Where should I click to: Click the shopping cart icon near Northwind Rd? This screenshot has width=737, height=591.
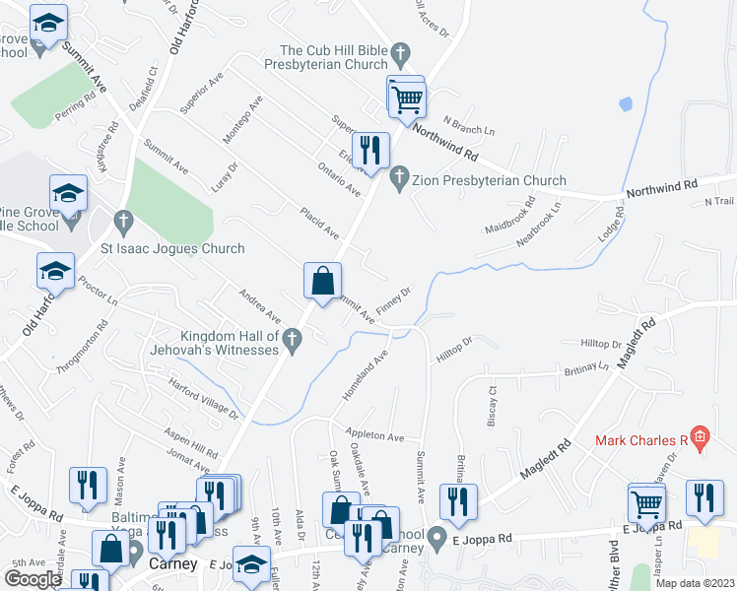(406, 98)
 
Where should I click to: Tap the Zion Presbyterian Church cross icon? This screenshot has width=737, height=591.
(399, 180)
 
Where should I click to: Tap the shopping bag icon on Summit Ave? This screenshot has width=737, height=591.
(322, 281)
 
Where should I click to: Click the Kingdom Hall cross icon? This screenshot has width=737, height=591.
(292, 341)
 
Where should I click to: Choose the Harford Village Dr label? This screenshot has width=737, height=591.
(204, 397)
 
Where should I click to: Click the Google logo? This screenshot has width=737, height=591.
(32, 579)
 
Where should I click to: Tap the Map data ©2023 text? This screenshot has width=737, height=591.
(696, 582)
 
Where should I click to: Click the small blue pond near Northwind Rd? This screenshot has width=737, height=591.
(624, 103)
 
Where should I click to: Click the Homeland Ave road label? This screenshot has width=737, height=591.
(365, 374)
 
